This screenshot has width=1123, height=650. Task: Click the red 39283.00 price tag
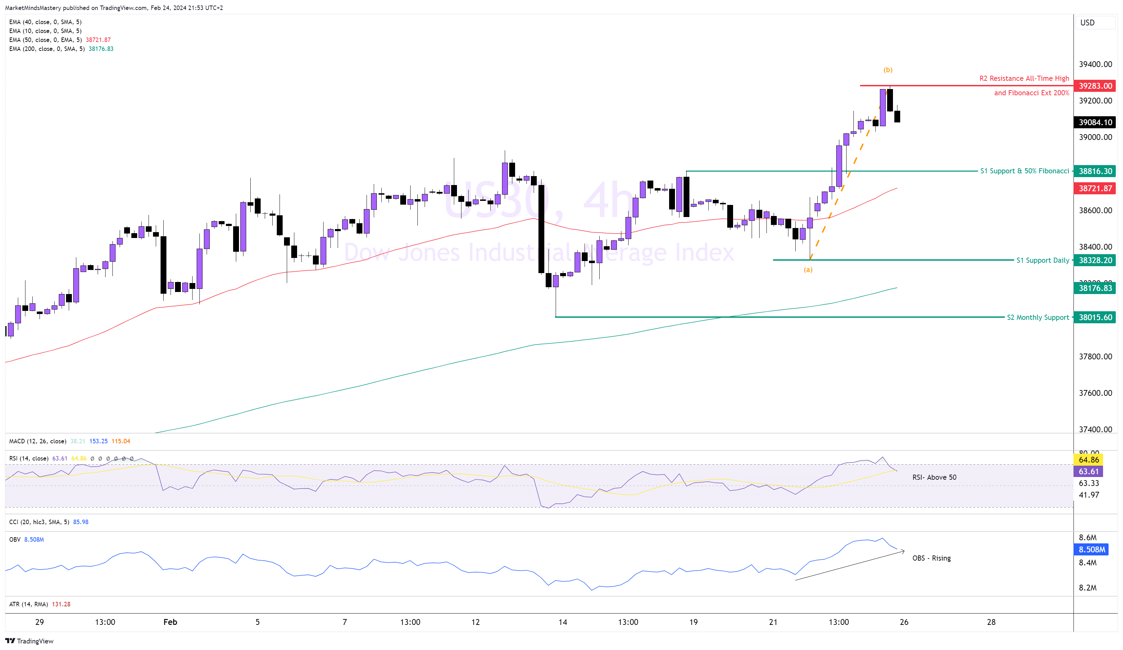[1095, 86]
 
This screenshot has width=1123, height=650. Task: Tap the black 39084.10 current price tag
[1095, 122]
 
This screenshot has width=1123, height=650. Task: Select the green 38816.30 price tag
[1095, 171]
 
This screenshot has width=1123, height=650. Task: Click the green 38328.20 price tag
[1095, 260]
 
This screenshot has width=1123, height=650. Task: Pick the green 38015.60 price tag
[1095, 317]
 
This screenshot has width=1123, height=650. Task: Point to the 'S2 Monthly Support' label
[1037, 317]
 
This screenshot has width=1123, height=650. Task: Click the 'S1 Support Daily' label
[1042, 260]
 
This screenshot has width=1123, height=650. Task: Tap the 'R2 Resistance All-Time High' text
[1024, 78]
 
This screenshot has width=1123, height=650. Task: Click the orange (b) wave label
[888, 70]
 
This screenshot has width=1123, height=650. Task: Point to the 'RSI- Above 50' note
[934, 477]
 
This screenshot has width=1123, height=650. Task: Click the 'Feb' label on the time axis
[170, 622]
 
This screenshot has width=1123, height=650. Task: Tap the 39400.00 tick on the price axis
[1095, 64]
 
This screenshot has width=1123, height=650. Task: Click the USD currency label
[1087, 23]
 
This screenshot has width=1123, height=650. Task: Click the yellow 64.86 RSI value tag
[1089, 459]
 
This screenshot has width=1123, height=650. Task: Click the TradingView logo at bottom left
[30, 641]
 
